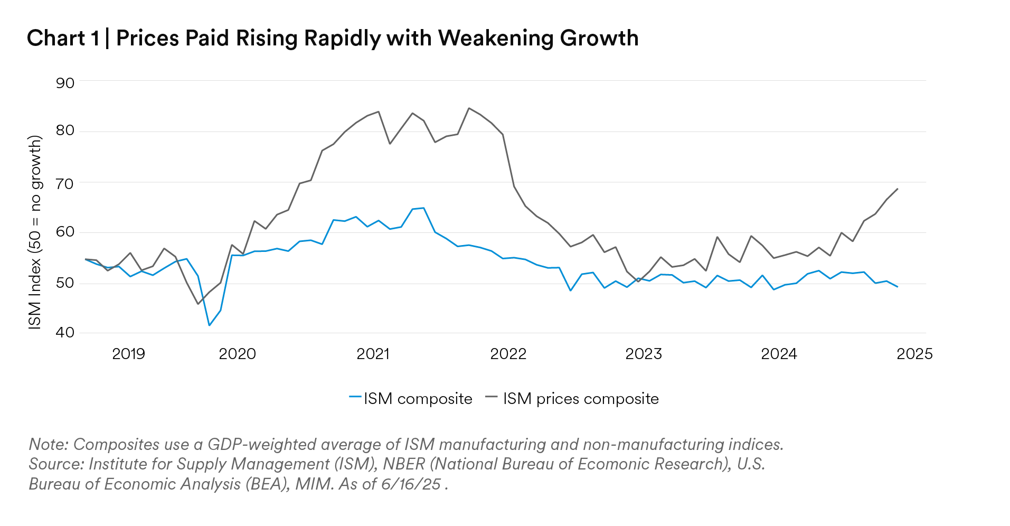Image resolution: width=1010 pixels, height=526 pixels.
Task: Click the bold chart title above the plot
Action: [x=331, y=39]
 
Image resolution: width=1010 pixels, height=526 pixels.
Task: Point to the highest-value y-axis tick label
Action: [x=65, y=83]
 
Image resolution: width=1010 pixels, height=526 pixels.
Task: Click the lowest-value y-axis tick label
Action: [x=65, y=332]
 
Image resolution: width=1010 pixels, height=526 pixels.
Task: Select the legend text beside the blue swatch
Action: [x=418, y=398]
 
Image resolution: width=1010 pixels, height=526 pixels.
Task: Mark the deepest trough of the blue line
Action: [x=210, y=325]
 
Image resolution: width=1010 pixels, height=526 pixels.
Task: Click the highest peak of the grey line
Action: [x=471, y=109]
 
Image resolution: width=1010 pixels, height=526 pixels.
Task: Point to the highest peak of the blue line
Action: [x=418, y=209]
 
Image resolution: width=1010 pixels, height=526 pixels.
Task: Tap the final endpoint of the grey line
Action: [x=896, y=187]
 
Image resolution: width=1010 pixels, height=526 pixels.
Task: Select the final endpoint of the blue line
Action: [x=898, y=288]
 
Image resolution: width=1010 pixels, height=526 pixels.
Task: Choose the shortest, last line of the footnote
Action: [x=236, y=484]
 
